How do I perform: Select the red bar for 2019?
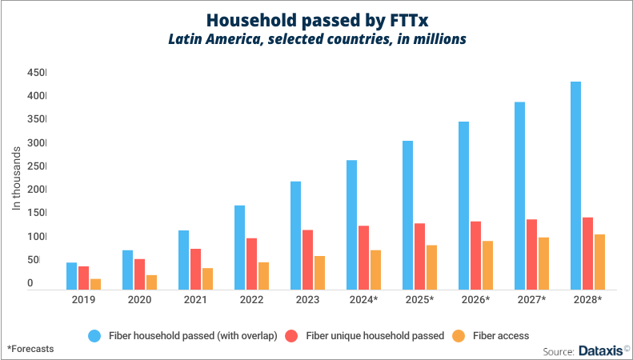coord(83,278)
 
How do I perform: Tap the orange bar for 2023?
coord(319,273)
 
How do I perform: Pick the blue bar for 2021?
coord(183,260)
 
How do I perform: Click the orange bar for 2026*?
coord(487,265)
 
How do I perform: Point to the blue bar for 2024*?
coord(351,225)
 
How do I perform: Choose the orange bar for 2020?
coord(151,282)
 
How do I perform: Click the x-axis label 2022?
coord(251,299)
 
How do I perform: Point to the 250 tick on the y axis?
coord(37,166)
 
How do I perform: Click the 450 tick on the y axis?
coord(37,73)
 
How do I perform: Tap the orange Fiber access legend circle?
coord(459,336)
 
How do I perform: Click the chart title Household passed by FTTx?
coord(316,19)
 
